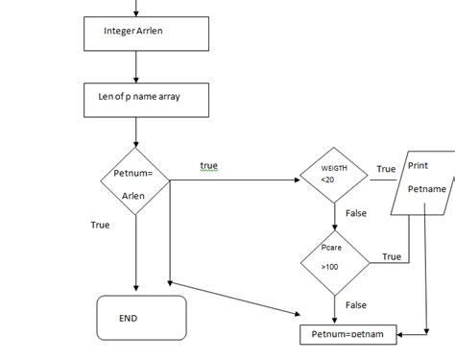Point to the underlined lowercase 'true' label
point(208,166)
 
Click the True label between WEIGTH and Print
point(386,169)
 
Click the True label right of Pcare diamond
point(391,256)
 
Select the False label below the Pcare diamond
point(356,304)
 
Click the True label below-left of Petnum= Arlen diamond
point(100,225)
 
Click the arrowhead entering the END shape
point(139,290)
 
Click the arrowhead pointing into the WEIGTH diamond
point(298,179)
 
